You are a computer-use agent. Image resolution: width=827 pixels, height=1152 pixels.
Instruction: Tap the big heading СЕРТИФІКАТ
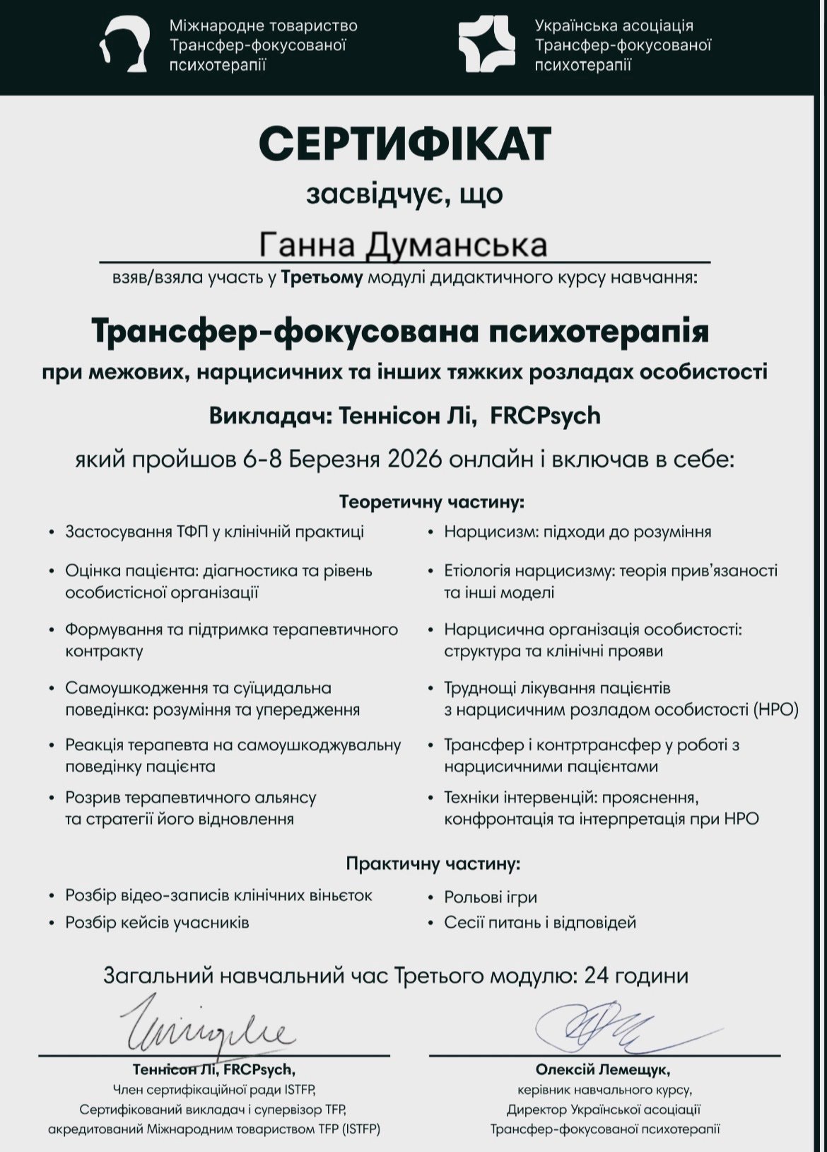pos(404,144)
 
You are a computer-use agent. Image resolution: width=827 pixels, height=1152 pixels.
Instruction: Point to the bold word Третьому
pos(322,278)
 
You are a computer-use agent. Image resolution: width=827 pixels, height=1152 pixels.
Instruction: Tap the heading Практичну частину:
pos(433,863)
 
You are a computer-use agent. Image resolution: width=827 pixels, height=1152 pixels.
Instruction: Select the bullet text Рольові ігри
pos(491,897)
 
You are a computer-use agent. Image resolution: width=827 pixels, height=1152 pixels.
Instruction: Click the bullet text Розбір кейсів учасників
pos(157,922)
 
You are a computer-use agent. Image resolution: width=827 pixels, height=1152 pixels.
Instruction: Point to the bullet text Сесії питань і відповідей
pos(540,922)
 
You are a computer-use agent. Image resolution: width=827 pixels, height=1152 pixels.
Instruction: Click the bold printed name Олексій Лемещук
pos(603,1069)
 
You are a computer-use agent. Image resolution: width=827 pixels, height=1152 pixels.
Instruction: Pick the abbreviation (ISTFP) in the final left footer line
pos(360,1129)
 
